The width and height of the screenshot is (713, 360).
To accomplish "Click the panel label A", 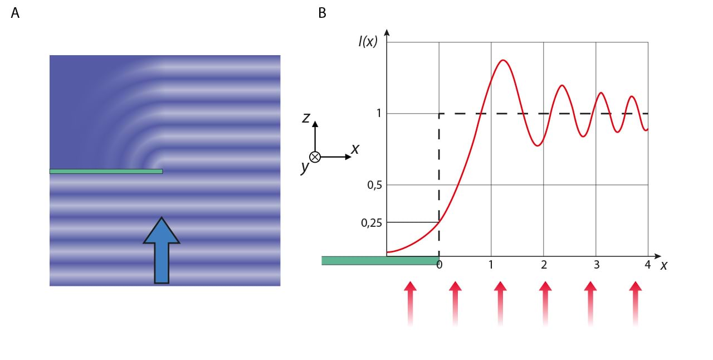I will (x=15, y=13).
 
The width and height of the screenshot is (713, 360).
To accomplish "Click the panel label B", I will (x=322, y=13).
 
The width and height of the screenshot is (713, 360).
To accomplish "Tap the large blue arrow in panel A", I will (x=162, y=250).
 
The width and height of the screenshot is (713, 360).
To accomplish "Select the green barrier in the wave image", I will (x=106, y=171).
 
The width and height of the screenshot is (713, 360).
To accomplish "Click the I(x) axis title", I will (x=368, y=41).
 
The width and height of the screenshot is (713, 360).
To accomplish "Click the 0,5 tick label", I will (x=375, y=185).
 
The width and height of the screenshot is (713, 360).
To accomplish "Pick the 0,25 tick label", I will (x=372, y=223).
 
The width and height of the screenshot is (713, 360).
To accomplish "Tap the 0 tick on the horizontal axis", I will (x=439, y=265).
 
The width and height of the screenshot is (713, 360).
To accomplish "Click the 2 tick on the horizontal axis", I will (x=544, y=265).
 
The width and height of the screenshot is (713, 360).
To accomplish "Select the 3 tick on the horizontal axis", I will (x=596, y=265).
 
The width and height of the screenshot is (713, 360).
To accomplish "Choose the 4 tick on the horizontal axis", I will (x=647, y=265).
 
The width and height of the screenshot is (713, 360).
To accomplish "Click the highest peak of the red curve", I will (x=503, y=60).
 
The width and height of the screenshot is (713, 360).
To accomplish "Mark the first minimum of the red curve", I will (x=537, y=145).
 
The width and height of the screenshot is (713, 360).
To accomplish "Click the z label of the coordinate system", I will (x=306, y=118).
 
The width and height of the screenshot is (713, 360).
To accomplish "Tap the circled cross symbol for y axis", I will (x=315, y=157).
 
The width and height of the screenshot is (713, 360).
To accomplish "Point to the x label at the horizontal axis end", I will (x=663, y=266).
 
